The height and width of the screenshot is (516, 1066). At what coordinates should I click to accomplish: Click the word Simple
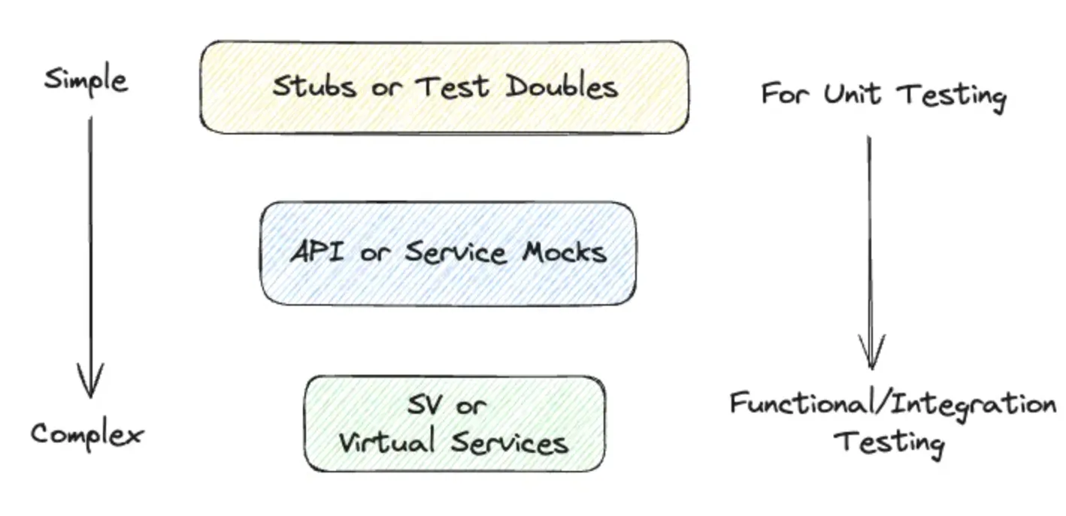(x=86, y=80)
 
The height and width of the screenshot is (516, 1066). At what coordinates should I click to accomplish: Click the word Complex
(x=86, y=434)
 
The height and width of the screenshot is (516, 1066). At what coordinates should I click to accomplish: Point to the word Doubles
(x=562, y=86)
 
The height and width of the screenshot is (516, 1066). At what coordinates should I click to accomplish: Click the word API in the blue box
(x=316, y=252)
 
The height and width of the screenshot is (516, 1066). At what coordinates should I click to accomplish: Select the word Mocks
(x=564, y=252)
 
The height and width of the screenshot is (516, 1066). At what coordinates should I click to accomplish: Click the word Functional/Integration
(x=892, y=405)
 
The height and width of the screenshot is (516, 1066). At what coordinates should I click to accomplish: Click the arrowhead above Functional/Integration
(x=871, y=353)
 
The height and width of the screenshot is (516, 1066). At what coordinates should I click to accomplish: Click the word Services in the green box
(x=510, y=442)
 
